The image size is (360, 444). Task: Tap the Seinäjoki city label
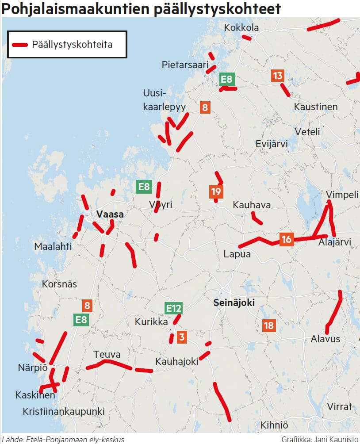coord(234,303)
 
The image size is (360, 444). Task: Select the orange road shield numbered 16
coord(286,239)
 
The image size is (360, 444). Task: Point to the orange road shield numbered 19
coord(216,192)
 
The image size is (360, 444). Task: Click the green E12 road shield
coord(173,308)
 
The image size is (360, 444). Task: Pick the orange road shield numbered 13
coord(277,76)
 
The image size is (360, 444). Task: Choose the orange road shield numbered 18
coord(268,326)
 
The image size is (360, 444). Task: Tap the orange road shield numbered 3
coord(181,337)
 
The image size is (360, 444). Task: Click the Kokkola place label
coord(241,28)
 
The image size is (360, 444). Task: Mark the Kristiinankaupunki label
coord(64,412)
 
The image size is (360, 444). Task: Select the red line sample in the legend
coord(20,45)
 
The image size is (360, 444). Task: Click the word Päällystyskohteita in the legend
coord(72,45)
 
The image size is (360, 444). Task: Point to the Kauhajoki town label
coord(176,361)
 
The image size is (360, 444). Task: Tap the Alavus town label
coord(326,339)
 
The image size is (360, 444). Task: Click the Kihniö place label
coord(274,425)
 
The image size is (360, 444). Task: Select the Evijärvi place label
coord(272,144)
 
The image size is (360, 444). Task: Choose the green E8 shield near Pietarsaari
coord(226,80)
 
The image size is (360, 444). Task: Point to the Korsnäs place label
coord(59,284)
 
